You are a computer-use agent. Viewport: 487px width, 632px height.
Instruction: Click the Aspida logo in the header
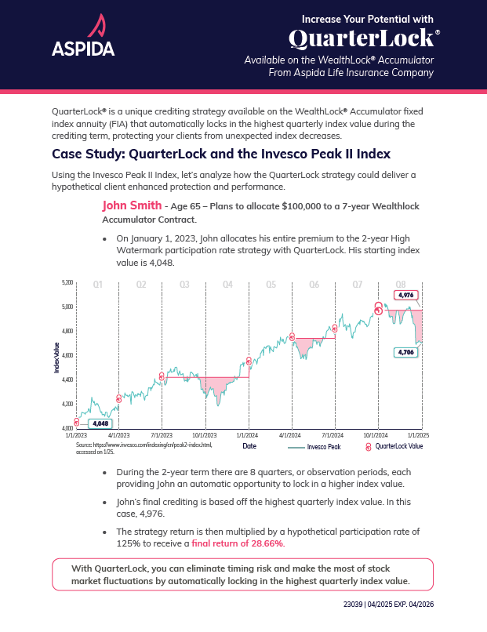point(83,37)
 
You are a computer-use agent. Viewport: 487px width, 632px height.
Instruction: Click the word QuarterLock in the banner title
point(360,38)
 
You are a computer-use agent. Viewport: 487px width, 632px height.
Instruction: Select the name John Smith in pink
point(131,205)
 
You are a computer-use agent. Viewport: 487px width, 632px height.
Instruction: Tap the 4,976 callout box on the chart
point(405,295)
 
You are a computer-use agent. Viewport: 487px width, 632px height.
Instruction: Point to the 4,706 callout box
point(405,353)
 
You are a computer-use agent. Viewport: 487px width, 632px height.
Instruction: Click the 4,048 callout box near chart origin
point(100,423)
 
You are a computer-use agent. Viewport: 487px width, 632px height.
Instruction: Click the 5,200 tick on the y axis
point(67,282)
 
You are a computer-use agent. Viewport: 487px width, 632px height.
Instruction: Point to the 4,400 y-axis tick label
point(67,380)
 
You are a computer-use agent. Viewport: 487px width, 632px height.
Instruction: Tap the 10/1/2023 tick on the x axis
point(205,434)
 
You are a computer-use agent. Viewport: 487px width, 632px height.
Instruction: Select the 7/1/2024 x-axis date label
point(334,434)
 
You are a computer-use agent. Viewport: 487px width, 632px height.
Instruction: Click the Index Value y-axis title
point(56,357)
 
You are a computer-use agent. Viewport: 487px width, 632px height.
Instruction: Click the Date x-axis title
point(249,446)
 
